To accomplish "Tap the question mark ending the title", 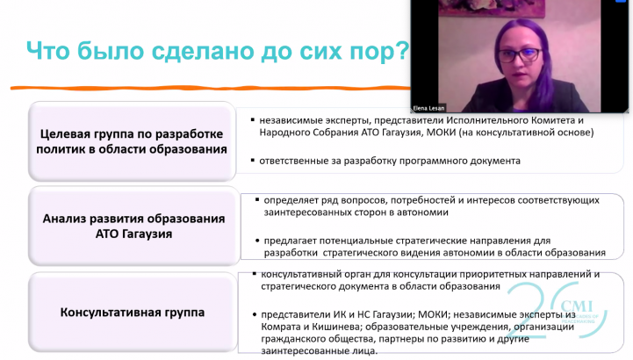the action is point(403,50).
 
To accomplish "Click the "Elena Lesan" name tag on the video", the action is point(428,108).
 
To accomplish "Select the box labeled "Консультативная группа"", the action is point(133,313).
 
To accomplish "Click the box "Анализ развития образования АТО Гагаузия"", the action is point(133,226).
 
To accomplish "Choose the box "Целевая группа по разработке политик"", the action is point(132,141).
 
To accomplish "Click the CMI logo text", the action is point(577,306).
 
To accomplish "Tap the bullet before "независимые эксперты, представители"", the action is point(253,120).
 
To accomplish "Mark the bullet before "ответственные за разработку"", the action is point(253,161).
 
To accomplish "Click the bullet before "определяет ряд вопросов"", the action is point(257,200).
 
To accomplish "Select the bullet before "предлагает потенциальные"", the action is point(257,241).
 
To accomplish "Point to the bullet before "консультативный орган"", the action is point(255,274).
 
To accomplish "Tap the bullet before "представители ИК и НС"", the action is point(255,315).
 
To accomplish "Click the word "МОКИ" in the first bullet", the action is point(441,133).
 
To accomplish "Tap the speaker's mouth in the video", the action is point(518,76).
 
